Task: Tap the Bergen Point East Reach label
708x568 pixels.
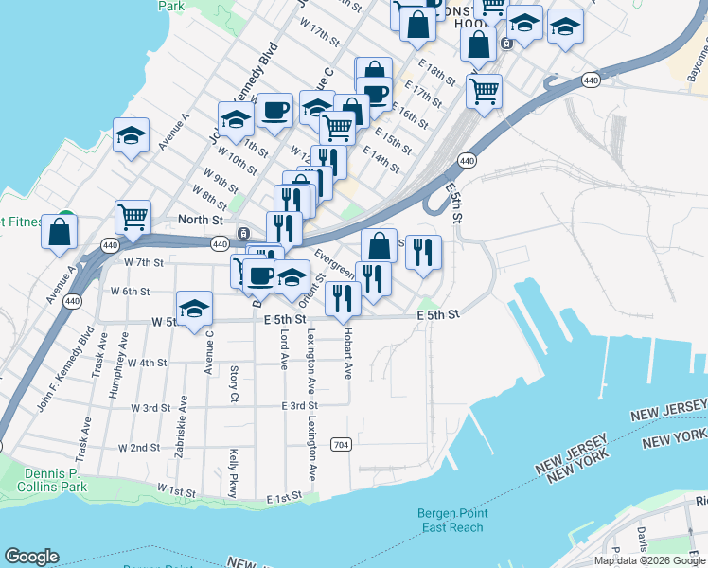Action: point(452,520)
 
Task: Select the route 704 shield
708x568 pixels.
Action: point(342,444)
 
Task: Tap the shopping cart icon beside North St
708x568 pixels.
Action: point(133,217)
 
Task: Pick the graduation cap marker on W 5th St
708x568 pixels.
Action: point(194,309)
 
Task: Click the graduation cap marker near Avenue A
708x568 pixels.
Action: point(132,135)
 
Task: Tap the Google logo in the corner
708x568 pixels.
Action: point(32,557)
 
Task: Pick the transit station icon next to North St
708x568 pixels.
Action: point(243,234)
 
